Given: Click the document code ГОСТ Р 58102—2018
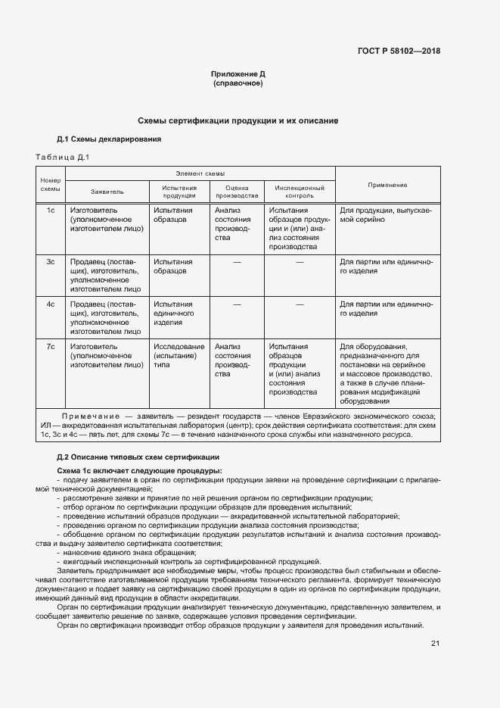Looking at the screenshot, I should click(x=399, y=51).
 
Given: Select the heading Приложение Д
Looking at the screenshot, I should click(x=238, y=74).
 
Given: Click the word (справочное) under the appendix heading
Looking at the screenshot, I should click(x=238, y=83).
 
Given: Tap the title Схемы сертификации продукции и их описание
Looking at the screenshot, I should click(x=238, y=121).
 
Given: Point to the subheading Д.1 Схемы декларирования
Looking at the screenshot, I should click(x=109, y=139).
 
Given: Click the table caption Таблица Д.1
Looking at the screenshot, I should click(x=63, y=158).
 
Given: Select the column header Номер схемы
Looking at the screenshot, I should click(x=50, y=184).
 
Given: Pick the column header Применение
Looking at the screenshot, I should click(x=387, y=185).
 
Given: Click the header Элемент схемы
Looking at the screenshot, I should click(x=200, y=173).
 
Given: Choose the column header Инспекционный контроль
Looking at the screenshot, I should click(x=300, y=191).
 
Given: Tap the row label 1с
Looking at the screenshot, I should click(x=51, y=210).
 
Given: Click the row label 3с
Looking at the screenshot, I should click(x=51, y=262).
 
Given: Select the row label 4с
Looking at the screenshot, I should click(x=51, y=304).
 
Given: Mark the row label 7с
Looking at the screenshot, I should click(x=51, y=346).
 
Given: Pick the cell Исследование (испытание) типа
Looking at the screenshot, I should click(x=179, y=355).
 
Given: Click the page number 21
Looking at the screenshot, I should click(x=435, y=643).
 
